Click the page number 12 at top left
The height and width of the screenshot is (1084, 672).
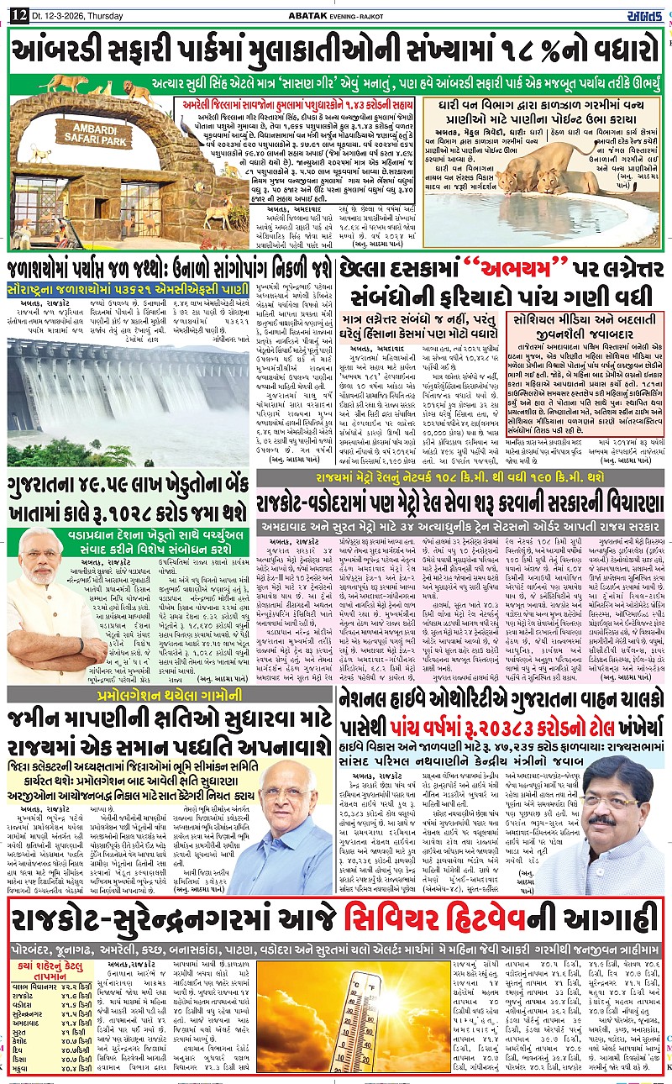pyautogui.click(x=16, y=11)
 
